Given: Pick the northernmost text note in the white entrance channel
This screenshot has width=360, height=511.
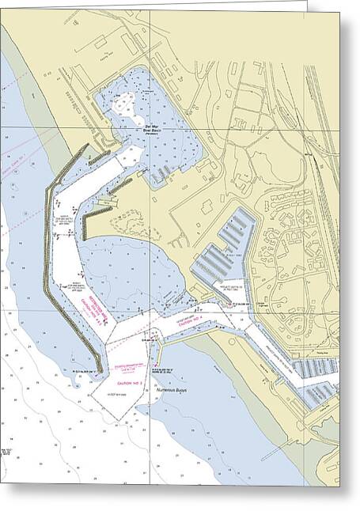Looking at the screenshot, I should [63, 218].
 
